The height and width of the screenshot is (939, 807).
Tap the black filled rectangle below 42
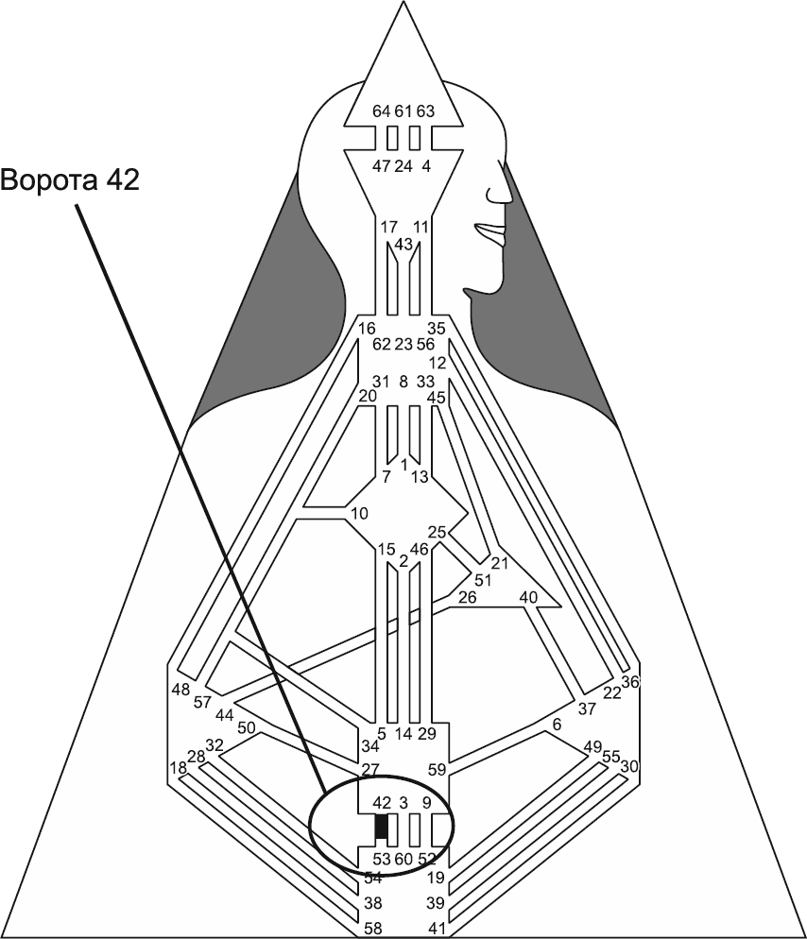tap(382, 828)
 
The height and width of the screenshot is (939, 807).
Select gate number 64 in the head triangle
tap(382, 111)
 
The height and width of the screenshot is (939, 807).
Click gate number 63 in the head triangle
tap(425, 111)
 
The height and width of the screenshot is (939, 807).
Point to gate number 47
tap(382, 166)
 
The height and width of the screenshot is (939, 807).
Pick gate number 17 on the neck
tap(388, 227)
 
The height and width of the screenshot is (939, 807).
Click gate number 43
tap(403, 244)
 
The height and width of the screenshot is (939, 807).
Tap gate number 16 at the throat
tap(368, 328)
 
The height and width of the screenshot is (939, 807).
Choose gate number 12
tap(437, 363)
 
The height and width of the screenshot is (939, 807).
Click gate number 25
tap(437, 532)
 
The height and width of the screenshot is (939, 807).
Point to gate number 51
tap(483, 580)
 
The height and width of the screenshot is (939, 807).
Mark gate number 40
tap(528, 597)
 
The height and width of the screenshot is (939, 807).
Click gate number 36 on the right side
tap(630, 682)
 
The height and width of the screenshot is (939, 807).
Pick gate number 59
tap(436, 769)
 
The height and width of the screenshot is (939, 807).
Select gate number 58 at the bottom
tap(373, 928)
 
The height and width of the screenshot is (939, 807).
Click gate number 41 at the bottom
tap(436, 928)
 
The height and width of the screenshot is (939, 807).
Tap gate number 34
tap(370, 747)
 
